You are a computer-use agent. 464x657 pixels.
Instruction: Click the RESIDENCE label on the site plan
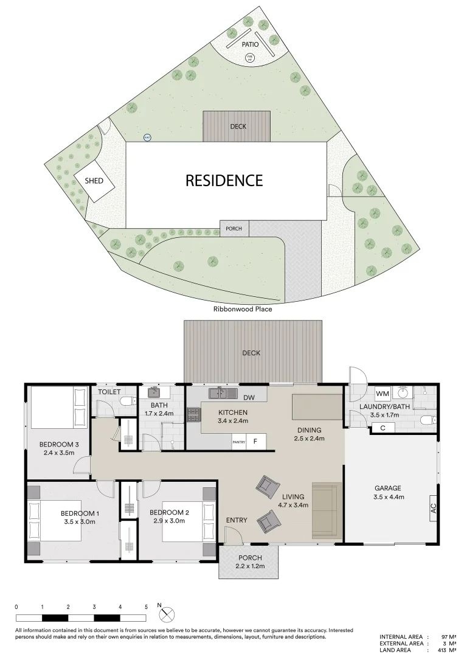(224, 181)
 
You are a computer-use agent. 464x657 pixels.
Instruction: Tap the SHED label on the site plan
(94, 181)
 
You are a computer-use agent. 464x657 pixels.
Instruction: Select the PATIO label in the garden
(250, 44)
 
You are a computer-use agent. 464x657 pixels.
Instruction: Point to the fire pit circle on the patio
(249, 58)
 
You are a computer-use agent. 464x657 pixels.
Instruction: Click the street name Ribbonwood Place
(242, 309)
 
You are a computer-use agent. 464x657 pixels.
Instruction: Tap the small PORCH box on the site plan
(234, 229)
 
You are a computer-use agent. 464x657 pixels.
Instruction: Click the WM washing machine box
(382, 393)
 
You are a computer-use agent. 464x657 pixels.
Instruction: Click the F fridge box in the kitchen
(255, 442)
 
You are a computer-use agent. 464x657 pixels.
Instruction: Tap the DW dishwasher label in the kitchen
(248, 398)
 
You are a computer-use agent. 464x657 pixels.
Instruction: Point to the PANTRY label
(238, 442)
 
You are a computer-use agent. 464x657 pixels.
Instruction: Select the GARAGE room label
(387, 488)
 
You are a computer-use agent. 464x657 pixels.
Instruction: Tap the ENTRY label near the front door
(236, 520)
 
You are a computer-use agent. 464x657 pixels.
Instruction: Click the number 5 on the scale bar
(146, 607)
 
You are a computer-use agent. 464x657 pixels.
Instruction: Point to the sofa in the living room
(327, 510)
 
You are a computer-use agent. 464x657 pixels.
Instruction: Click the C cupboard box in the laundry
(383, 428)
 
